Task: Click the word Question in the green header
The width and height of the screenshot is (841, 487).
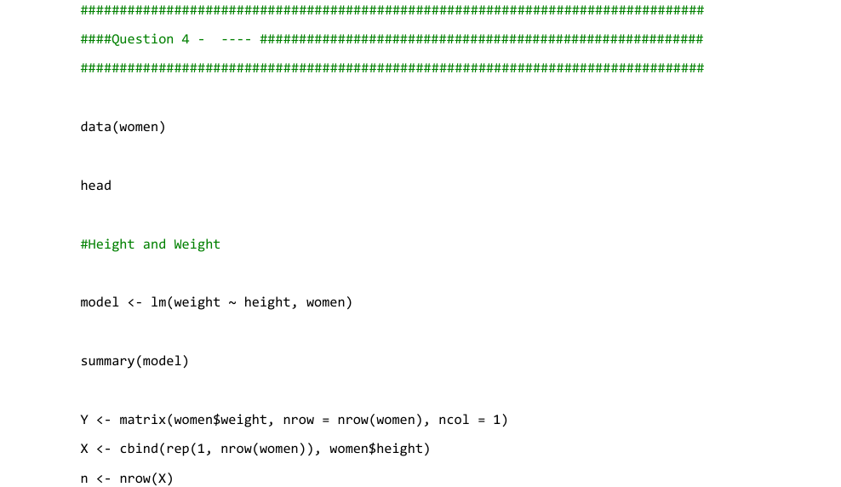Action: [143, 39]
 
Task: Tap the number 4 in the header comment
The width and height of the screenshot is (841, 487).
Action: [186, 39]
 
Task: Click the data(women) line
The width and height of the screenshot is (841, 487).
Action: [123, 127]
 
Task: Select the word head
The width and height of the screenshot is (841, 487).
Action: [96, 186]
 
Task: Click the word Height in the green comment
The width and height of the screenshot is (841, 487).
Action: [112, 244]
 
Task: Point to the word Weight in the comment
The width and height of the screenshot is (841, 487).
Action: [197, 244]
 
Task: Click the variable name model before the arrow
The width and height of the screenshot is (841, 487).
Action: [100, 302]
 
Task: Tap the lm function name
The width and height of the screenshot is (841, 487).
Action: [158, 302]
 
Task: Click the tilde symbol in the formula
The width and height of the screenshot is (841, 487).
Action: [232, 303]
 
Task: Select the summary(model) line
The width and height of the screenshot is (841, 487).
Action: [134, 361]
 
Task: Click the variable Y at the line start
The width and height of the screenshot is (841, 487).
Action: [84, 420]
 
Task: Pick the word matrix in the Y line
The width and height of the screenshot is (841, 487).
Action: [143, 420]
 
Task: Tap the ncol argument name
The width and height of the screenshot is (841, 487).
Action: [454, 420]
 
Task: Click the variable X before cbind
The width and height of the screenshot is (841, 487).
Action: [84, 449]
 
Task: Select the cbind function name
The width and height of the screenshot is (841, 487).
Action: [139, 449]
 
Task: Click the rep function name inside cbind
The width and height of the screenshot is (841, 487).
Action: [178, 450]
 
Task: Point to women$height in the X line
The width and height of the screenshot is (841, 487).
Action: [376, 449]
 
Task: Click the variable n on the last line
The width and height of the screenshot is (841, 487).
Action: [84, 479]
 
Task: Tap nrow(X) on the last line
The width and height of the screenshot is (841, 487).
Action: [146, 478]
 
